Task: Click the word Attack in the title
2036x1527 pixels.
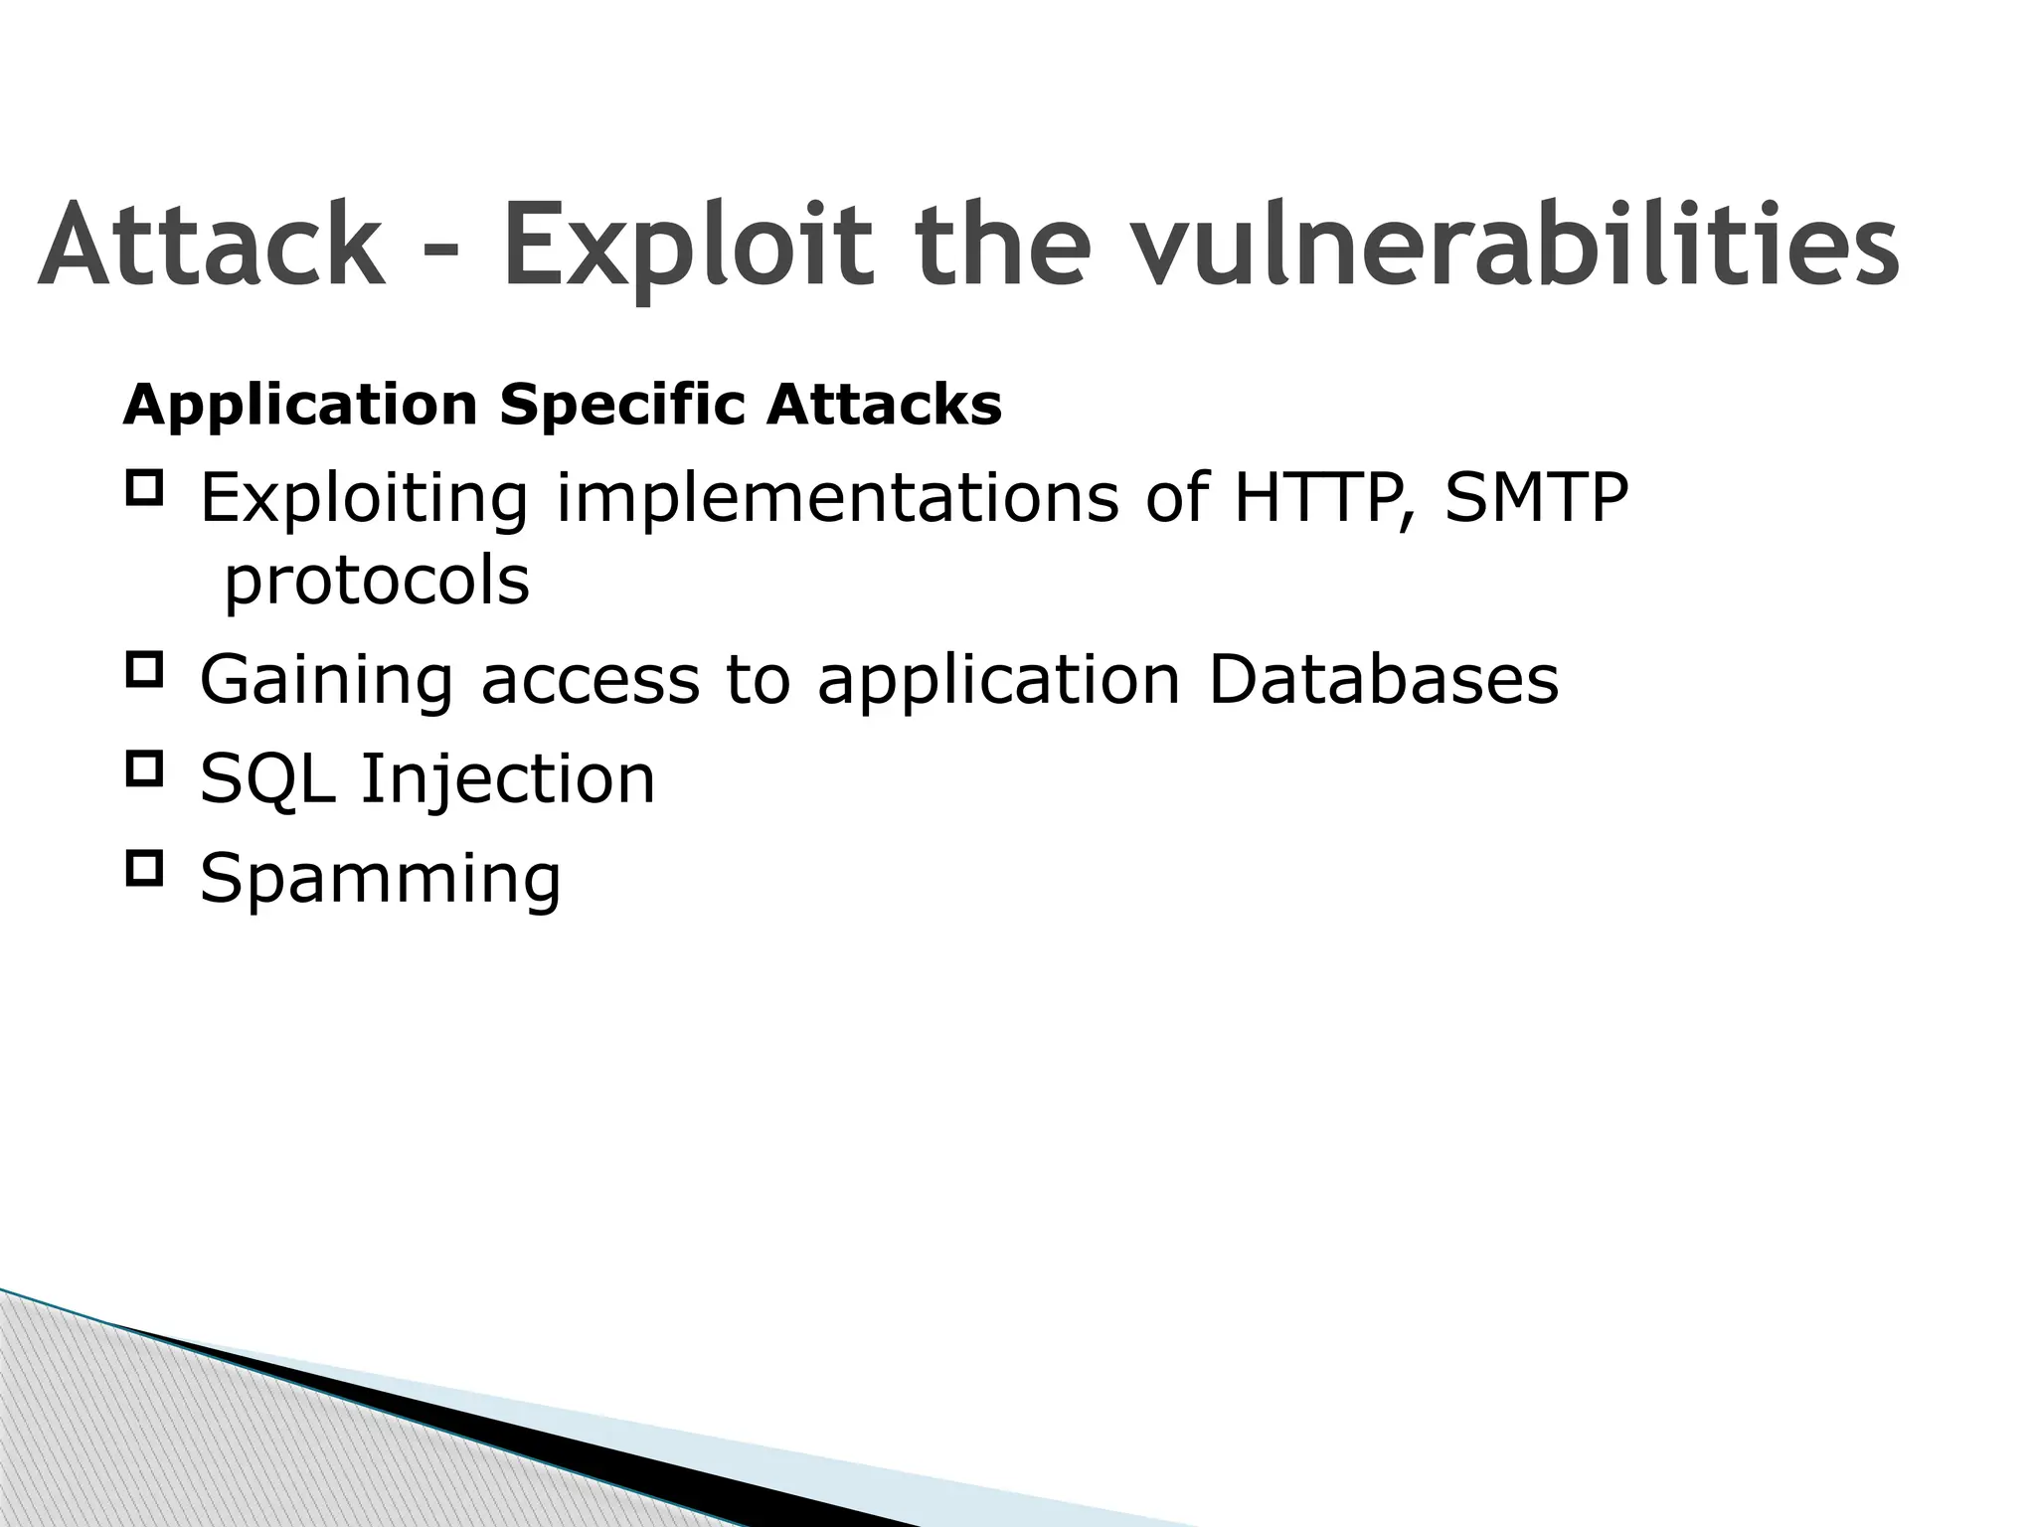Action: coord(212,246)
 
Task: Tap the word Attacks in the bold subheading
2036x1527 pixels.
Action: coord(883,405)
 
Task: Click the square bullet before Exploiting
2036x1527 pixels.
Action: coord(144,488)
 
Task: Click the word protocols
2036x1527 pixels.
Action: coord(377,581)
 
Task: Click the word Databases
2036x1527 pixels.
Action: coord(1383,680)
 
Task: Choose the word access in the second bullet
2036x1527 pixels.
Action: coord(591,682)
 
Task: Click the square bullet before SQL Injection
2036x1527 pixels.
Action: coord(144,768)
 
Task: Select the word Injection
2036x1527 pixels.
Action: coord(507,779)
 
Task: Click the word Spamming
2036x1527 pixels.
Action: coord(381,879)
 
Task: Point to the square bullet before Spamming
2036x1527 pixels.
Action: coord(144,868)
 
